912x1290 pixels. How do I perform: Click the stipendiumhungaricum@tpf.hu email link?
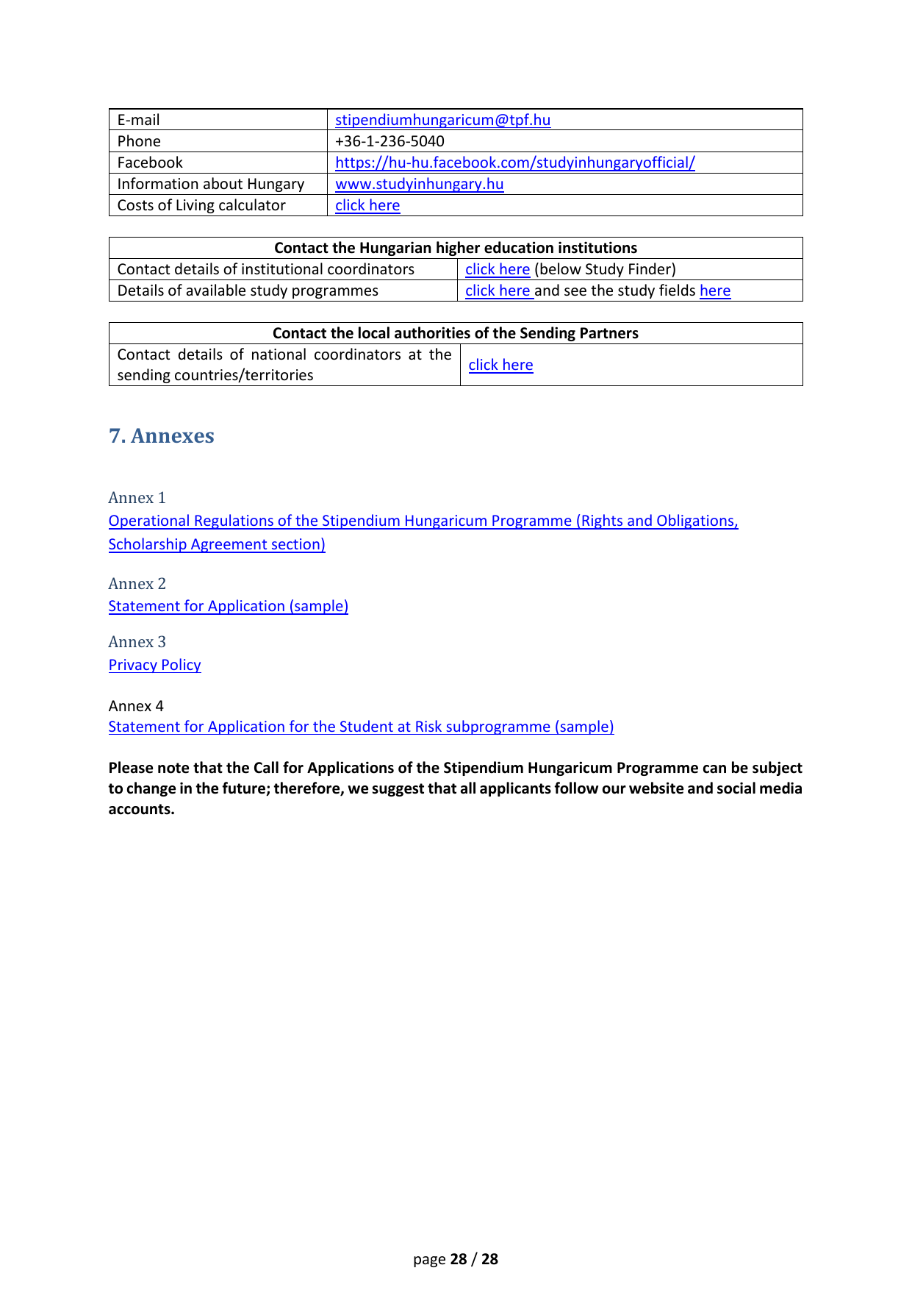pyautogui.click(x=442, y=120)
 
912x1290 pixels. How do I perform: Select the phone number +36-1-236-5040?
pyautogui.click(x=389, y=141)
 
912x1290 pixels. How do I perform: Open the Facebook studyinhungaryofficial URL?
pyautogui.click(x=514, y=163)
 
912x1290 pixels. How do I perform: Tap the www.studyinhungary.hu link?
pyautogui.click(x=419, y=184)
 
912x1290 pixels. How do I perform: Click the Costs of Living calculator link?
pyautogui.click(x=367, y=205)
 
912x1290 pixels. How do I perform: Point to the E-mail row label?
pyautogui.click(x=138, y=120)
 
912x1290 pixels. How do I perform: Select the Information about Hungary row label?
pyautogui.click(x=210, y=184)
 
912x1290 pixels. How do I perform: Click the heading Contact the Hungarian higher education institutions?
pyautogui.click(x=456, y=248)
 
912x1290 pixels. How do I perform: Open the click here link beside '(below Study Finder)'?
pyautogui.click(x=497, y=269)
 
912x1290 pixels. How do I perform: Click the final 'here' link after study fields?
pyautogui.click(x=715, y=291)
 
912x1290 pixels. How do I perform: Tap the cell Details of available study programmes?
pyautogui.click(x=248, y=291)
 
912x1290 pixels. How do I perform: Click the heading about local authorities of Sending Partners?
pyautogui.click(x=456, y=333)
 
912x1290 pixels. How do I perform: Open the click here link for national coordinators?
pyautogui.click(x=500, y=365)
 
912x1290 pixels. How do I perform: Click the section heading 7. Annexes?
pyautogui.click(x=162, y=436)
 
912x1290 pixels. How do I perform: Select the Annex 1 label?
pyautogui.click(x=137, y=498)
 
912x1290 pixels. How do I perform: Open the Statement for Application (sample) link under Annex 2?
pyautogui.click(x=228, y=606)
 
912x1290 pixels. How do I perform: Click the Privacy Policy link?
pyautogui.click(x=154, y=665)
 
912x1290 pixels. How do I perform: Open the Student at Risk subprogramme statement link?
pyautogui.click(x=361, y=727)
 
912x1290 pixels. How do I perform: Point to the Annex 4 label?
pyautogui.click(x=136, y=706)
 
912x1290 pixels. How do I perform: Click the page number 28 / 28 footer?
pyautogui.click(x=456, y=1259)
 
